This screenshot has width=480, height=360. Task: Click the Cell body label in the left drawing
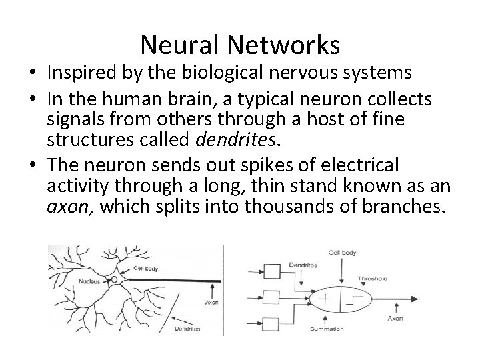point(145,268)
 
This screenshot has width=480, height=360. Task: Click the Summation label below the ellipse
point(327,329)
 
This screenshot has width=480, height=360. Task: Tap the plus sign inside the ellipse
point(325,301)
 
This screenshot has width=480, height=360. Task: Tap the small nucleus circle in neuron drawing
point(114,279)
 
